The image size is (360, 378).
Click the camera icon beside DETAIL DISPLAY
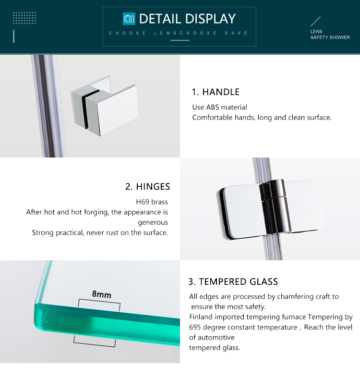pos(129,19)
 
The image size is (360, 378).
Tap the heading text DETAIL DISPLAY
pos(187,19)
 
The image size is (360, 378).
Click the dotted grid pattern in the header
pos(24,18)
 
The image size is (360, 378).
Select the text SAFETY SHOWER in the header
pos(330,37)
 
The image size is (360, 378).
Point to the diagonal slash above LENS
pos(315,22)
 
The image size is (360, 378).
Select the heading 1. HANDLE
pos(216,92)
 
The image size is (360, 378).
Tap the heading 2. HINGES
pos(147,186)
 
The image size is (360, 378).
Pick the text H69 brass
pos(152,202)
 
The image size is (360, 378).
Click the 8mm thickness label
pos(101,294)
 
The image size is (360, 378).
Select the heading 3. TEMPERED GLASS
pos(233,281)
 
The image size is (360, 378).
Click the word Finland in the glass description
pos(202,317)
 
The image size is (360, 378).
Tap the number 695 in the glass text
pos(195,327)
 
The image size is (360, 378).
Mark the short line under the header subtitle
pos(180,40)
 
